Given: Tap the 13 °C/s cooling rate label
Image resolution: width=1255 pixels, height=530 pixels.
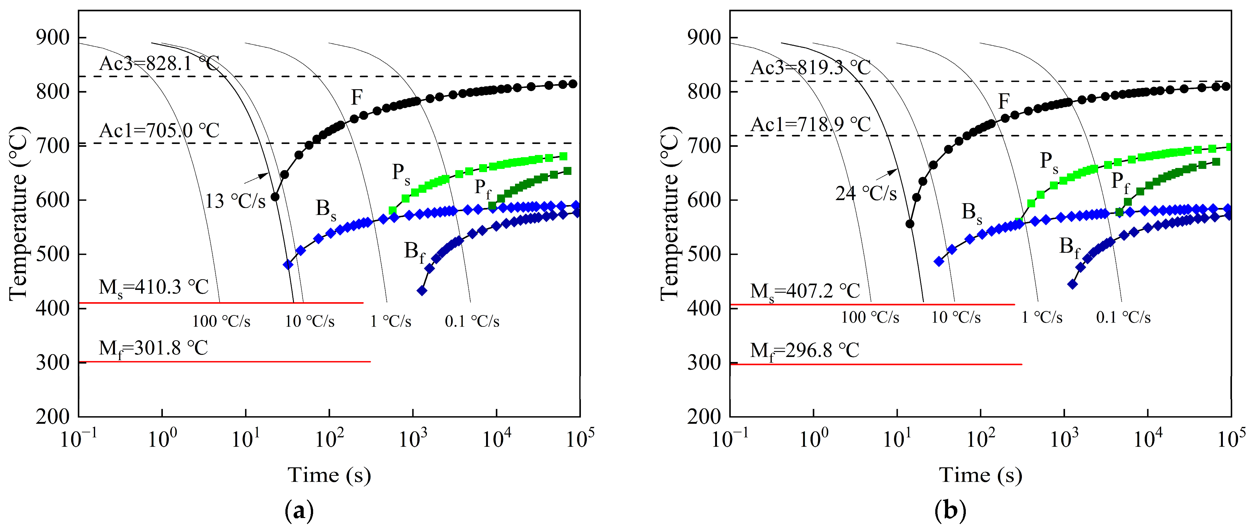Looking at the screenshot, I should (235, 201).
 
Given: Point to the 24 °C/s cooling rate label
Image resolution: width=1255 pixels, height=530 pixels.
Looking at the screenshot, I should (866, 194).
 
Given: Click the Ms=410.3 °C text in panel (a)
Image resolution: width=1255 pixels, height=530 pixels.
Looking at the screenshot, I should (153, 287).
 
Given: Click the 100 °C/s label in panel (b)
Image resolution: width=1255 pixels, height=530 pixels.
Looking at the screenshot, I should (870, 318).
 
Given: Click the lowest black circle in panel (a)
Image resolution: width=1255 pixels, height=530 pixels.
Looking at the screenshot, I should (275, 197).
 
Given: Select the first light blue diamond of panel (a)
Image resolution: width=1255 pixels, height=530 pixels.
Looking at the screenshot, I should (288, 264).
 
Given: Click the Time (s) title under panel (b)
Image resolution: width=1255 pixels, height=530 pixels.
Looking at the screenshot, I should (980, 475).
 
